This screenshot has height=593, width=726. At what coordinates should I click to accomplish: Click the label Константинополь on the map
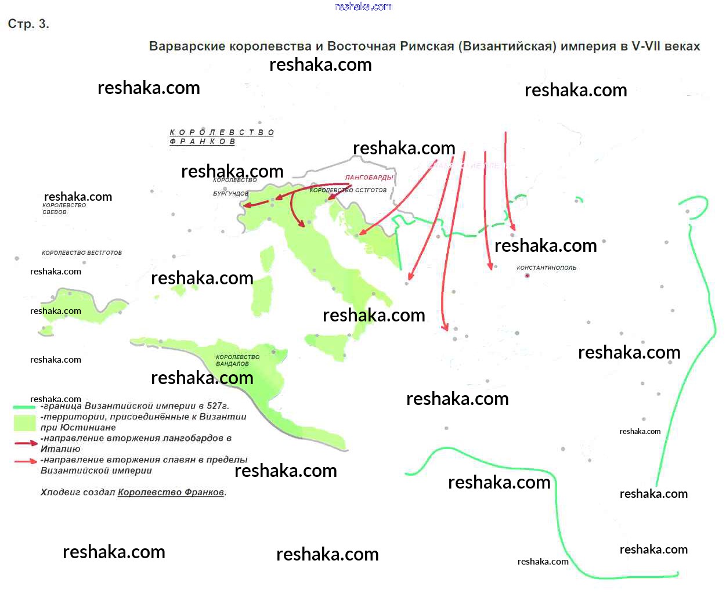(546, 267)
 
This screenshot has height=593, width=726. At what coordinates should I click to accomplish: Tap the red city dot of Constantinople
(527, 276)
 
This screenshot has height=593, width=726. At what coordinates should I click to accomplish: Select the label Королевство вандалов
(237, 360)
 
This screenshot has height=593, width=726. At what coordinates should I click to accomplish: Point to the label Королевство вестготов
(82, 253)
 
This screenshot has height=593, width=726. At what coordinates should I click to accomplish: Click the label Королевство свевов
(64, 208)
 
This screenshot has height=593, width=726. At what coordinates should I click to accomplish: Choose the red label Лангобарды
(369, 178)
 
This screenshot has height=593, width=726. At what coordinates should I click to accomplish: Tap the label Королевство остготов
(348, 190)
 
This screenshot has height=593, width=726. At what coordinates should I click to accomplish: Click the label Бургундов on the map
(230, 193)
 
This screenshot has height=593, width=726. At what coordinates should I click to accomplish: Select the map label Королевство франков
(221, 136)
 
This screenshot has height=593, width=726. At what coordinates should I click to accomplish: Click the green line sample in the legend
(24, 407)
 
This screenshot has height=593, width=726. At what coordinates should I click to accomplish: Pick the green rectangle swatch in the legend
(24, 422)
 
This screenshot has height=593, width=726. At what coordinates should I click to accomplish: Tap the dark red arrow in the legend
(26, 443)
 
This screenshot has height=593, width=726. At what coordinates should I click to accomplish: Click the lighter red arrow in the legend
(26, 461)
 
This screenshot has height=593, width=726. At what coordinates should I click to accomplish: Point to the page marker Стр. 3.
(28, 24)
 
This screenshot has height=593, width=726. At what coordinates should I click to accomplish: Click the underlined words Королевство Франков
(171, 493)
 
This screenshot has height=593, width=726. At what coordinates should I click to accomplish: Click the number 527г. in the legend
(218, 406)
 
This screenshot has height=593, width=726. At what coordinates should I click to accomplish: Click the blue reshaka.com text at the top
(364, 6)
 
